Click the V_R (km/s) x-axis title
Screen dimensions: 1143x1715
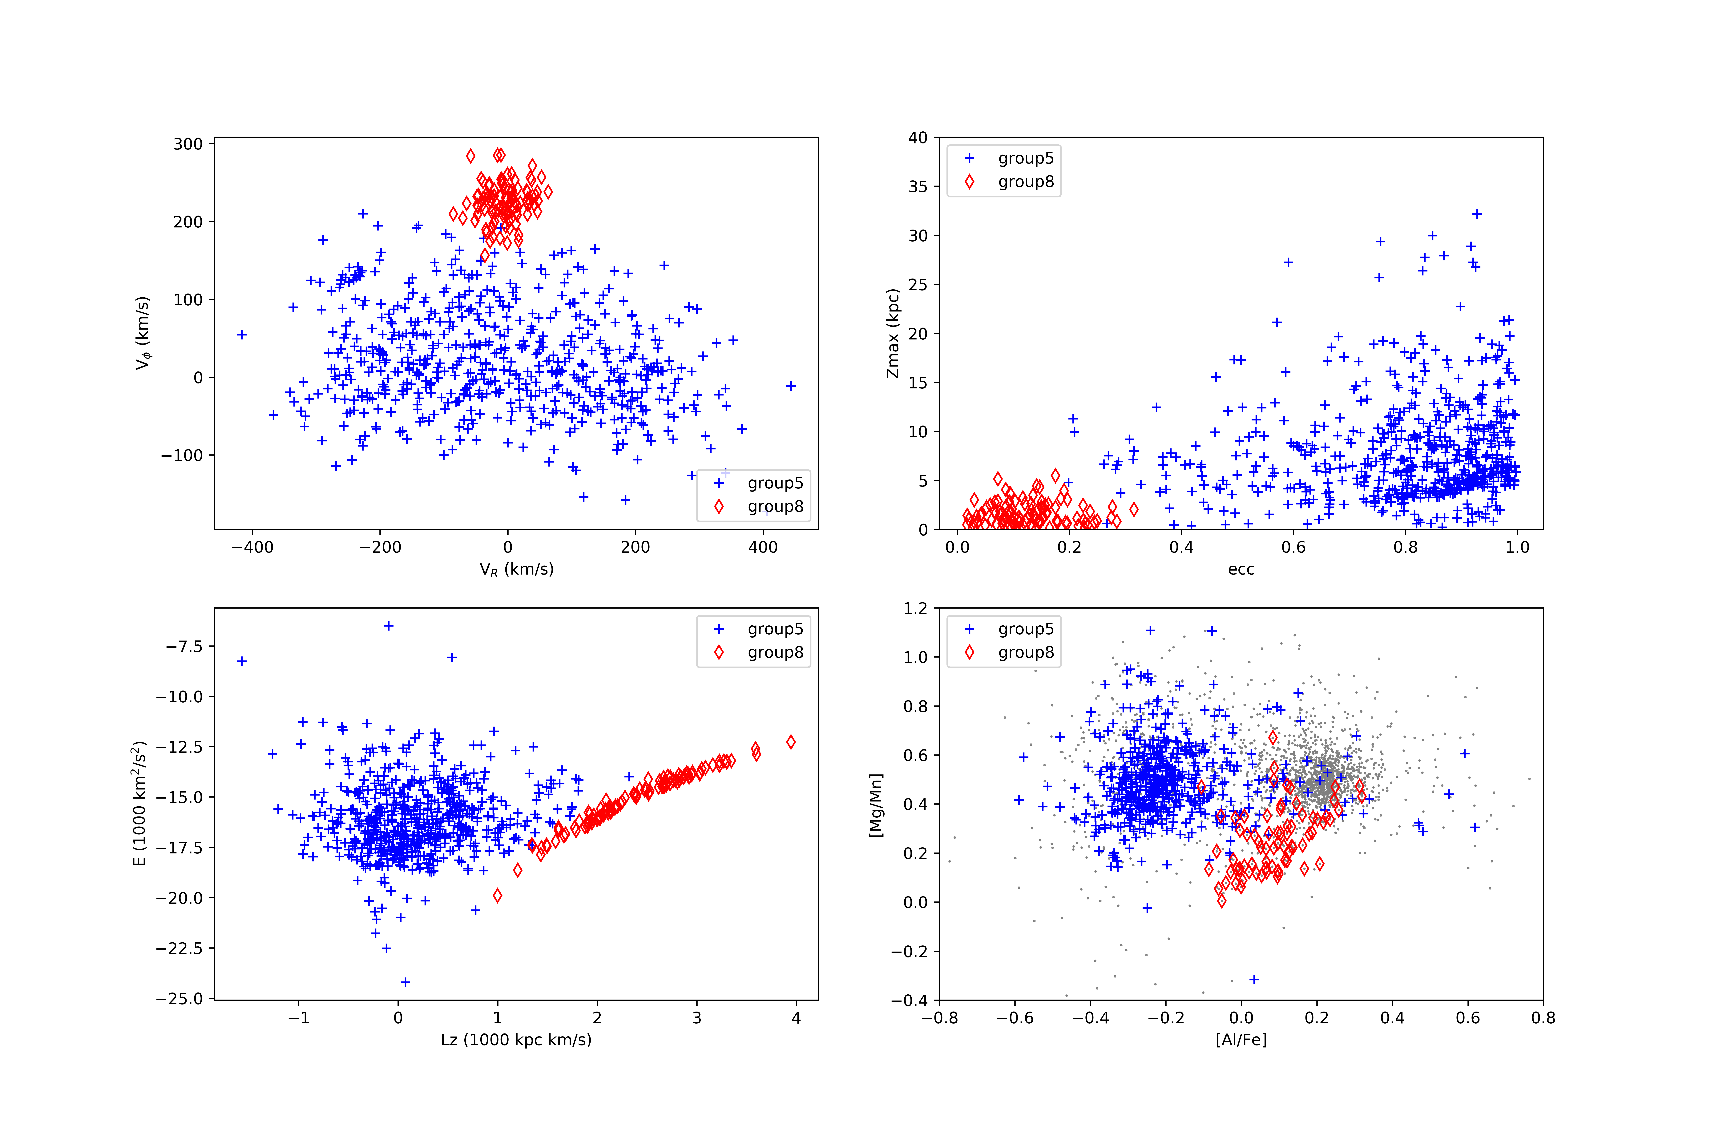(516, 569)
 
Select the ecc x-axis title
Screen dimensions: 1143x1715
(1241, 569)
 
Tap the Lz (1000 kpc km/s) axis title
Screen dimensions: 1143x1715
(516, 1040)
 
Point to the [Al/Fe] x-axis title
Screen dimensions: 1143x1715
(1241, 1040)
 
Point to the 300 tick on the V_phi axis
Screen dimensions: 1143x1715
(188, 144)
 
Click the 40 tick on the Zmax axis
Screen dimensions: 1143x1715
(918, 138)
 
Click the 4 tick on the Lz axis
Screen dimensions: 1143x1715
(796, 1018)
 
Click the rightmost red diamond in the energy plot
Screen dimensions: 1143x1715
(791, 742)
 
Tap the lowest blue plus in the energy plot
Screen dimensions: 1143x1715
(406, 982)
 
